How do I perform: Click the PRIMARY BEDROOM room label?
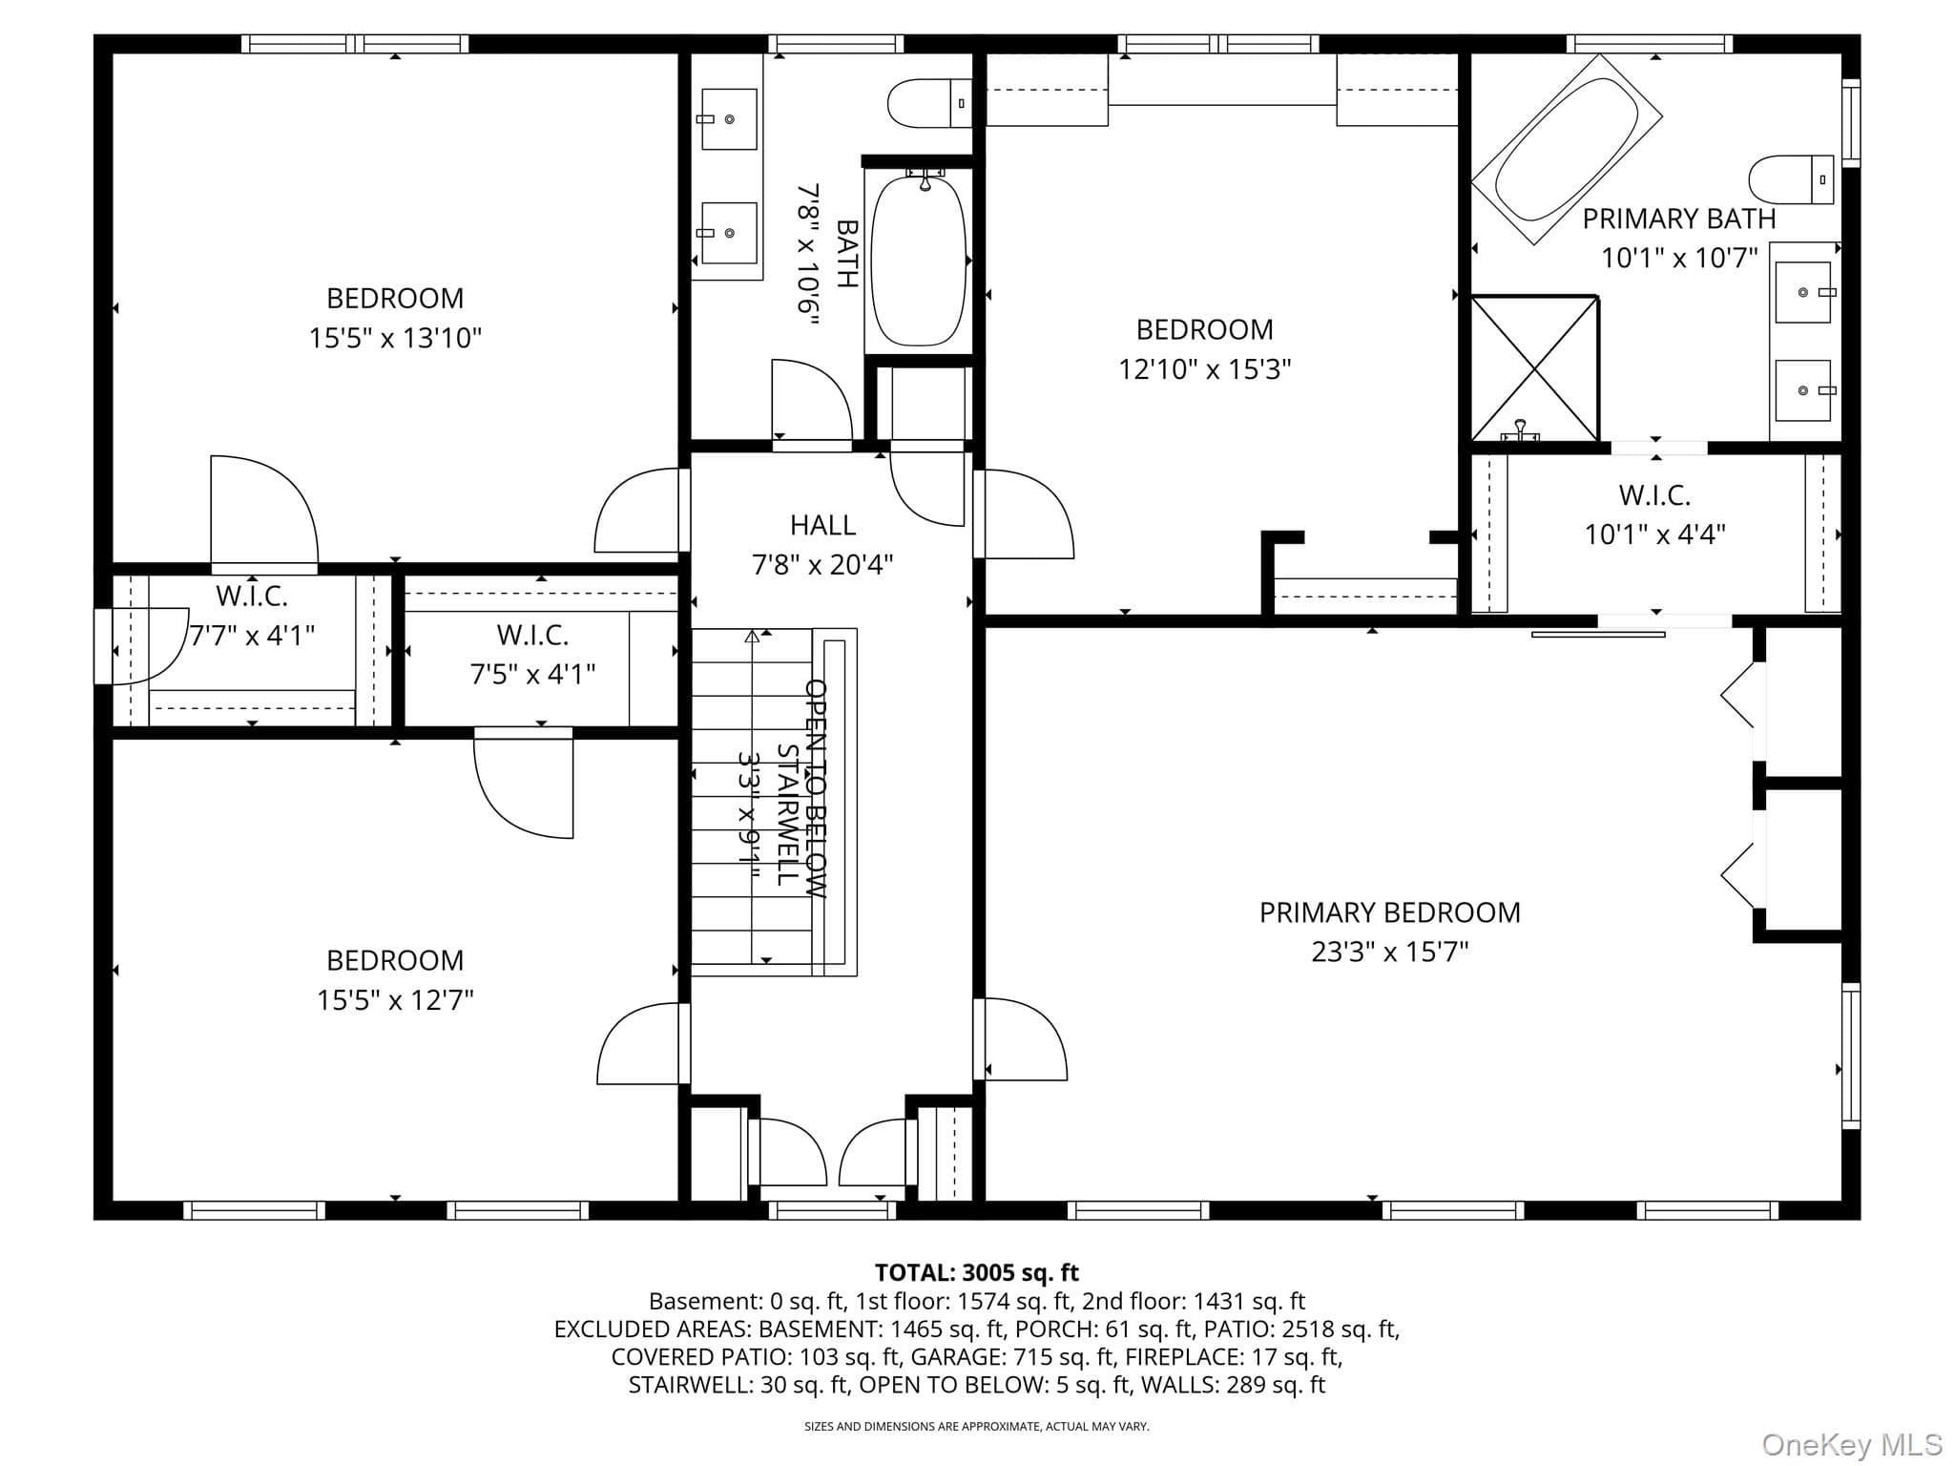click(1389, 912)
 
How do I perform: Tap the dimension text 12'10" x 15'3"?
click(1205, 369)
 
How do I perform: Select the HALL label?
click(822, 525)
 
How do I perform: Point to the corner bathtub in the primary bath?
click(1566, 149)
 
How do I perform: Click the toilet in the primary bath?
click(1791, 179)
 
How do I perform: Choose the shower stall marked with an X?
click(1534, 369)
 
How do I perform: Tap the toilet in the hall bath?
click(929, 103)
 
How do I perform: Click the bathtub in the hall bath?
click(919, 261)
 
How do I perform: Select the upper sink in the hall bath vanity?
click(729, 119)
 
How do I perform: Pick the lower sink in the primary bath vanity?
click(1802, 390)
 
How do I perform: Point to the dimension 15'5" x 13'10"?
click(395, 338)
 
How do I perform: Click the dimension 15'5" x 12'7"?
click(395, 1000)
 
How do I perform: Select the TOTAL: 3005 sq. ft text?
click(977, 1272)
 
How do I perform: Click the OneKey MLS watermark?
click(1851, 1444)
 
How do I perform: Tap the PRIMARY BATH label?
click(1679, 219)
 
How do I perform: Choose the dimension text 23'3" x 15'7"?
click(1390, 952)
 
